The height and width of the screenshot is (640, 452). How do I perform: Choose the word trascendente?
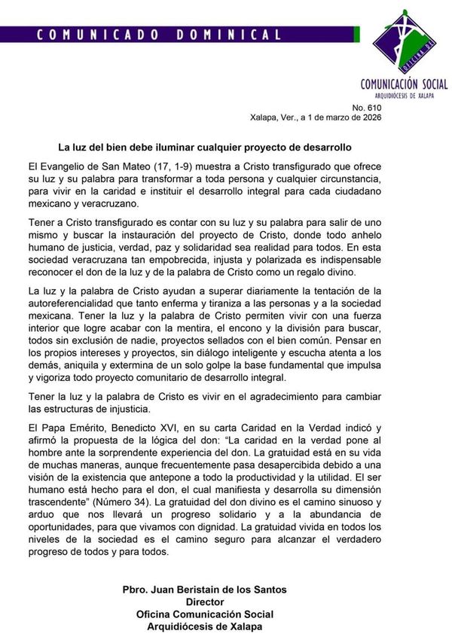pos(63,500)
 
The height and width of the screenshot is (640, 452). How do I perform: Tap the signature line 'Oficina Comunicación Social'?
pos(204,615)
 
